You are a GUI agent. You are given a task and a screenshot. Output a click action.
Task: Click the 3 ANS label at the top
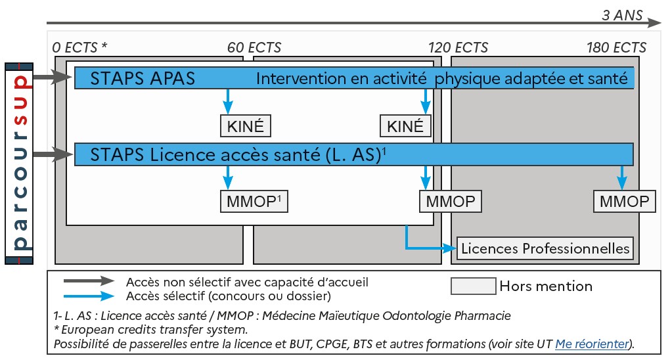pos(622,14)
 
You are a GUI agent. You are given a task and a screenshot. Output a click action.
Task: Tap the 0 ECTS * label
pos(79,47)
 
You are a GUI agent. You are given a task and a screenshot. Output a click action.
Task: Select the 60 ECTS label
pos(254,47)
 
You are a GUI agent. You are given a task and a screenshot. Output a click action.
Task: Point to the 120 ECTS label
pos(458,47)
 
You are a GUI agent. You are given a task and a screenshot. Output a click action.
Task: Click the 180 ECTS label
pos(616,47)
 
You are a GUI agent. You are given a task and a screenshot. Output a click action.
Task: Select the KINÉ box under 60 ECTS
pos(245,125)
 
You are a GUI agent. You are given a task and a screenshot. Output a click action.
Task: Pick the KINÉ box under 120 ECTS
pos(406,125)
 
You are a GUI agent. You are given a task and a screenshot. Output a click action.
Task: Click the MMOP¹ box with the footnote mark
pos(254,201)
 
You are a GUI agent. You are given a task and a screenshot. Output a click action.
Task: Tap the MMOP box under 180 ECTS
pos(624,201)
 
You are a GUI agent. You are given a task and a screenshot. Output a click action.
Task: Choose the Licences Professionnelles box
pos(545,248)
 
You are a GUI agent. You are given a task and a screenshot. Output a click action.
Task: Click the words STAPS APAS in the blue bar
pos(143,78)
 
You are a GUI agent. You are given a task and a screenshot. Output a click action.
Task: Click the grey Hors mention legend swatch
pos(473,286)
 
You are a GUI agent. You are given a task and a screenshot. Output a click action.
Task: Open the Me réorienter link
pos(592,344)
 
